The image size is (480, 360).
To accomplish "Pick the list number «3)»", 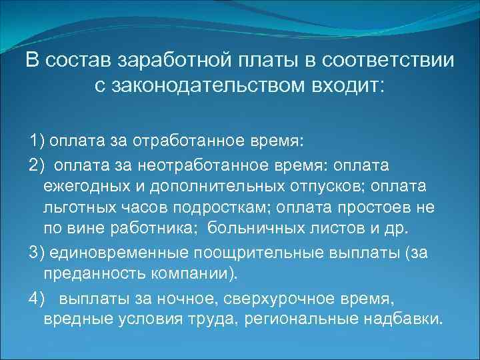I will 37,253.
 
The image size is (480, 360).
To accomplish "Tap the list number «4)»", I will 37,297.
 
